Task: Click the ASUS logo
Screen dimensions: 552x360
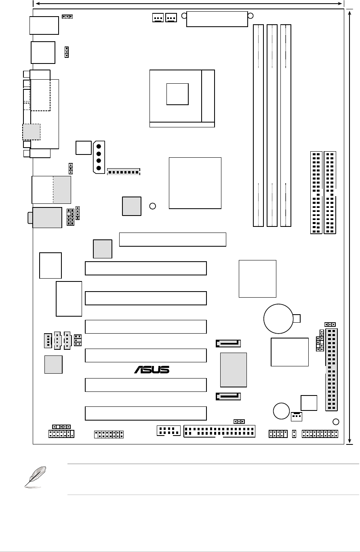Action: (x=152, y=370)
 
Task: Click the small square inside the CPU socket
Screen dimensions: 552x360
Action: (x=177, y=94)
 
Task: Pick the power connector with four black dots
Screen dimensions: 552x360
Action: (x=99, y=157)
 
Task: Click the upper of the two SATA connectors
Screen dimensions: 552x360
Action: (x=229, y=344)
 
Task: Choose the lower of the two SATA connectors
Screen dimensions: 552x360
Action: (x=229, y=397)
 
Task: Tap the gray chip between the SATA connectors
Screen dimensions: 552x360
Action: (x=233, y=370)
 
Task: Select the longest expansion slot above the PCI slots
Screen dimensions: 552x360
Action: (x=173, y=239)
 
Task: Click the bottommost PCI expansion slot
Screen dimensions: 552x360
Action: (x=146, y=413)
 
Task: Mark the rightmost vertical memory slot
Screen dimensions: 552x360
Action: (x=286, y=125)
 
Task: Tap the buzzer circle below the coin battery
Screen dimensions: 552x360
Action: (x=281, y=411)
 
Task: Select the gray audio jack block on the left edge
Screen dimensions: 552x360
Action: (x=47, y=218)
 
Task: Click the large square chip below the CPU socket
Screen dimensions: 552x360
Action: (x=195, y=183)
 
